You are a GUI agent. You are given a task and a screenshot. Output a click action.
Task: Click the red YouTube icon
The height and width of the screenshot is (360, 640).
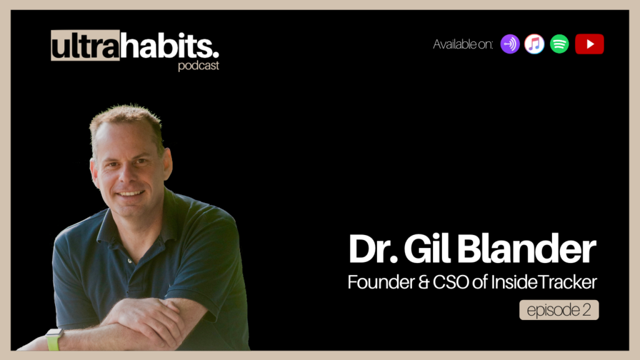pos(589,44)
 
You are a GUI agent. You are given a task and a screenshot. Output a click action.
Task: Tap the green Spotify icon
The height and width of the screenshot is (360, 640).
pos(559,44)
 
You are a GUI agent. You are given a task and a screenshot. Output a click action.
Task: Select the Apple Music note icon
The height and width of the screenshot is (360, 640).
pos(534,44)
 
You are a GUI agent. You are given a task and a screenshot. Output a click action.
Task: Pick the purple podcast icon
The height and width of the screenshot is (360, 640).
pos(510,44)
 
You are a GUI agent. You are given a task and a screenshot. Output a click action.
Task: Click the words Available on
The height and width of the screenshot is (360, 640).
pos(463,44)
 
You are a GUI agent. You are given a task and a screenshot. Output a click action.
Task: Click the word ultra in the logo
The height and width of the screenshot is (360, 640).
pos(85,46)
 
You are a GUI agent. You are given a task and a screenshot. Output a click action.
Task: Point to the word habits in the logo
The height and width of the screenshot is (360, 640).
pos(169,46)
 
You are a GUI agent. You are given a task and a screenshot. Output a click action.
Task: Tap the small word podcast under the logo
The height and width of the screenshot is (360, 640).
pos(198,66)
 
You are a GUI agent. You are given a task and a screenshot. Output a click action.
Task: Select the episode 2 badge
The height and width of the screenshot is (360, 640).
pos(559,310)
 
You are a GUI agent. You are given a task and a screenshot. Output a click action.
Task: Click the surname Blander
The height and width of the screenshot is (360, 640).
pos(526,249)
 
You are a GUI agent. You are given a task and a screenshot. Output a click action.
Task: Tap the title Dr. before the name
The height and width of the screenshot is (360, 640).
pos(373,249)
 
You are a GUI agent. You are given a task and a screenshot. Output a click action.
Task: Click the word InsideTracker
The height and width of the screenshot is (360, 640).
pos(544,282)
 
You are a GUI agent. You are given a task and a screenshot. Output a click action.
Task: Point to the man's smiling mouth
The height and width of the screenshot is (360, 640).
pos(130,193)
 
